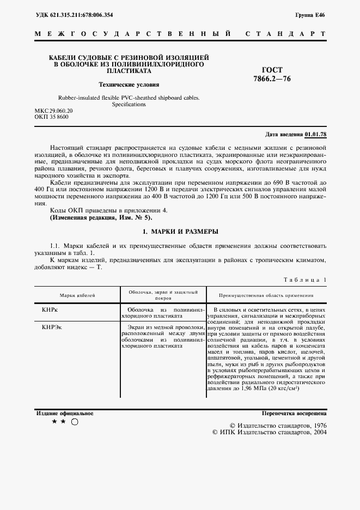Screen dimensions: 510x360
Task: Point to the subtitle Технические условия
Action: [x=129, y=84]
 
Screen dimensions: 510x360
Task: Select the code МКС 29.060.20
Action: [x=53, y=111]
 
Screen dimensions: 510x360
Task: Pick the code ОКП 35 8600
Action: [x=52, y=117]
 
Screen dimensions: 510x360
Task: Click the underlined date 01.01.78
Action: [x=316, y=134]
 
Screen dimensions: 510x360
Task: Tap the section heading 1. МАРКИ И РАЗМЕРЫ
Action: [x=180, y=232]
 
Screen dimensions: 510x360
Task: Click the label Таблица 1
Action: [x=305, y=280]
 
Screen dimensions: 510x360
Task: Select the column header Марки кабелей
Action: [x=77, y=295]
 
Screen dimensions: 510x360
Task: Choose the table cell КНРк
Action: [x=50, y=309]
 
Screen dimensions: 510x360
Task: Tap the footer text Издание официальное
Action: [x=64, y=414]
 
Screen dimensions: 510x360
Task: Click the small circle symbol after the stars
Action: [x=75, y=422]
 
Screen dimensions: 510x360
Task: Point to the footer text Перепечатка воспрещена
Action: [x=294, y=414]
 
